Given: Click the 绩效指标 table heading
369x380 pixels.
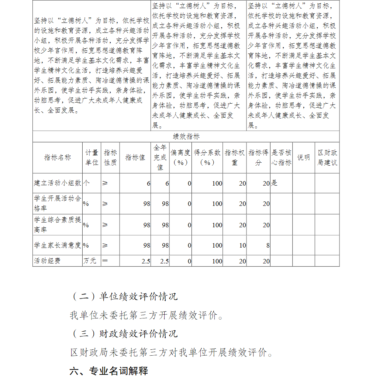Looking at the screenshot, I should [186, 137].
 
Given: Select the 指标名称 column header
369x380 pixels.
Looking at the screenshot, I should [57, 158].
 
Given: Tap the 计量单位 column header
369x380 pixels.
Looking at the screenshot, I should [92, 158].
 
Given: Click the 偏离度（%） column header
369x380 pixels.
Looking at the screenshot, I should [180, 158].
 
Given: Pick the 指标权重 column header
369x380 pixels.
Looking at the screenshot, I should [235, 158].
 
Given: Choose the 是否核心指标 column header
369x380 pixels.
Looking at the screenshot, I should [281, 158].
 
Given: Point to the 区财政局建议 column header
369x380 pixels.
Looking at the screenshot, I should [327, 158].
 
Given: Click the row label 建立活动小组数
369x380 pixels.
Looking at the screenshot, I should [57, 183].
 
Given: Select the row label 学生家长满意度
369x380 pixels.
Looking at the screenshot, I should [57, 245].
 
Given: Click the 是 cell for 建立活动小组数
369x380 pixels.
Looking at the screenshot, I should [274, 183].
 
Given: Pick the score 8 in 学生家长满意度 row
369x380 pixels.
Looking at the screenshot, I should [268, 245].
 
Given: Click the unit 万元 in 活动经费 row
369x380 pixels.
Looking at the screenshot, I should [90, 261].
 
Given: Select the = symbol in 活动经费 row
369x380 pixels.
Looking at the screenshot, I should [105, 261].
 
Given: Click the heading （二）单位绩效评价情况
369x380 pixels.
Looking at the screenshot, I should [124, 296].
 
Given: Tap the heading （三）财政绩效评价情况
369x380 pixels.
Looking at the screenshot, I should [124, 334].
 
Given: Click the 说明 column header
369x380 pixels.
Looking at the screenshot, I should [303, 158].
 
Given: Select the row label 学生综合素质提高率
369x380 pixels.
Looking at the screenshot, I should [57, 224].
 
